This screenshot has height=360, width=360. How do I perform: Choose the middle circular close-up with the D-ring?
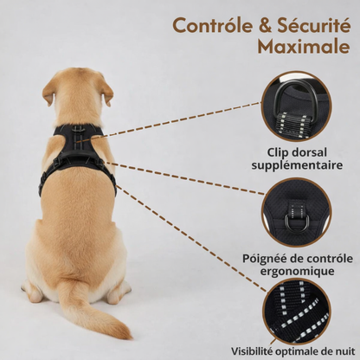pyautogui.click(x=297, y=213)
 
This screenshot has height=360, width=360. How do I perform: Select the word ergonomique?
pyautogui.click(x=297, y=271)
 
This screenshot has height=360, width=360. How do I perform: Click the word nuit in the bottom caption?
pyautogui.click(x=341, y=351)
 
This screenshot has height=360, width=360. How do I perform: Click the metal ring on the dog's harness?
pyautogui.click(x=79, y=131)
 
